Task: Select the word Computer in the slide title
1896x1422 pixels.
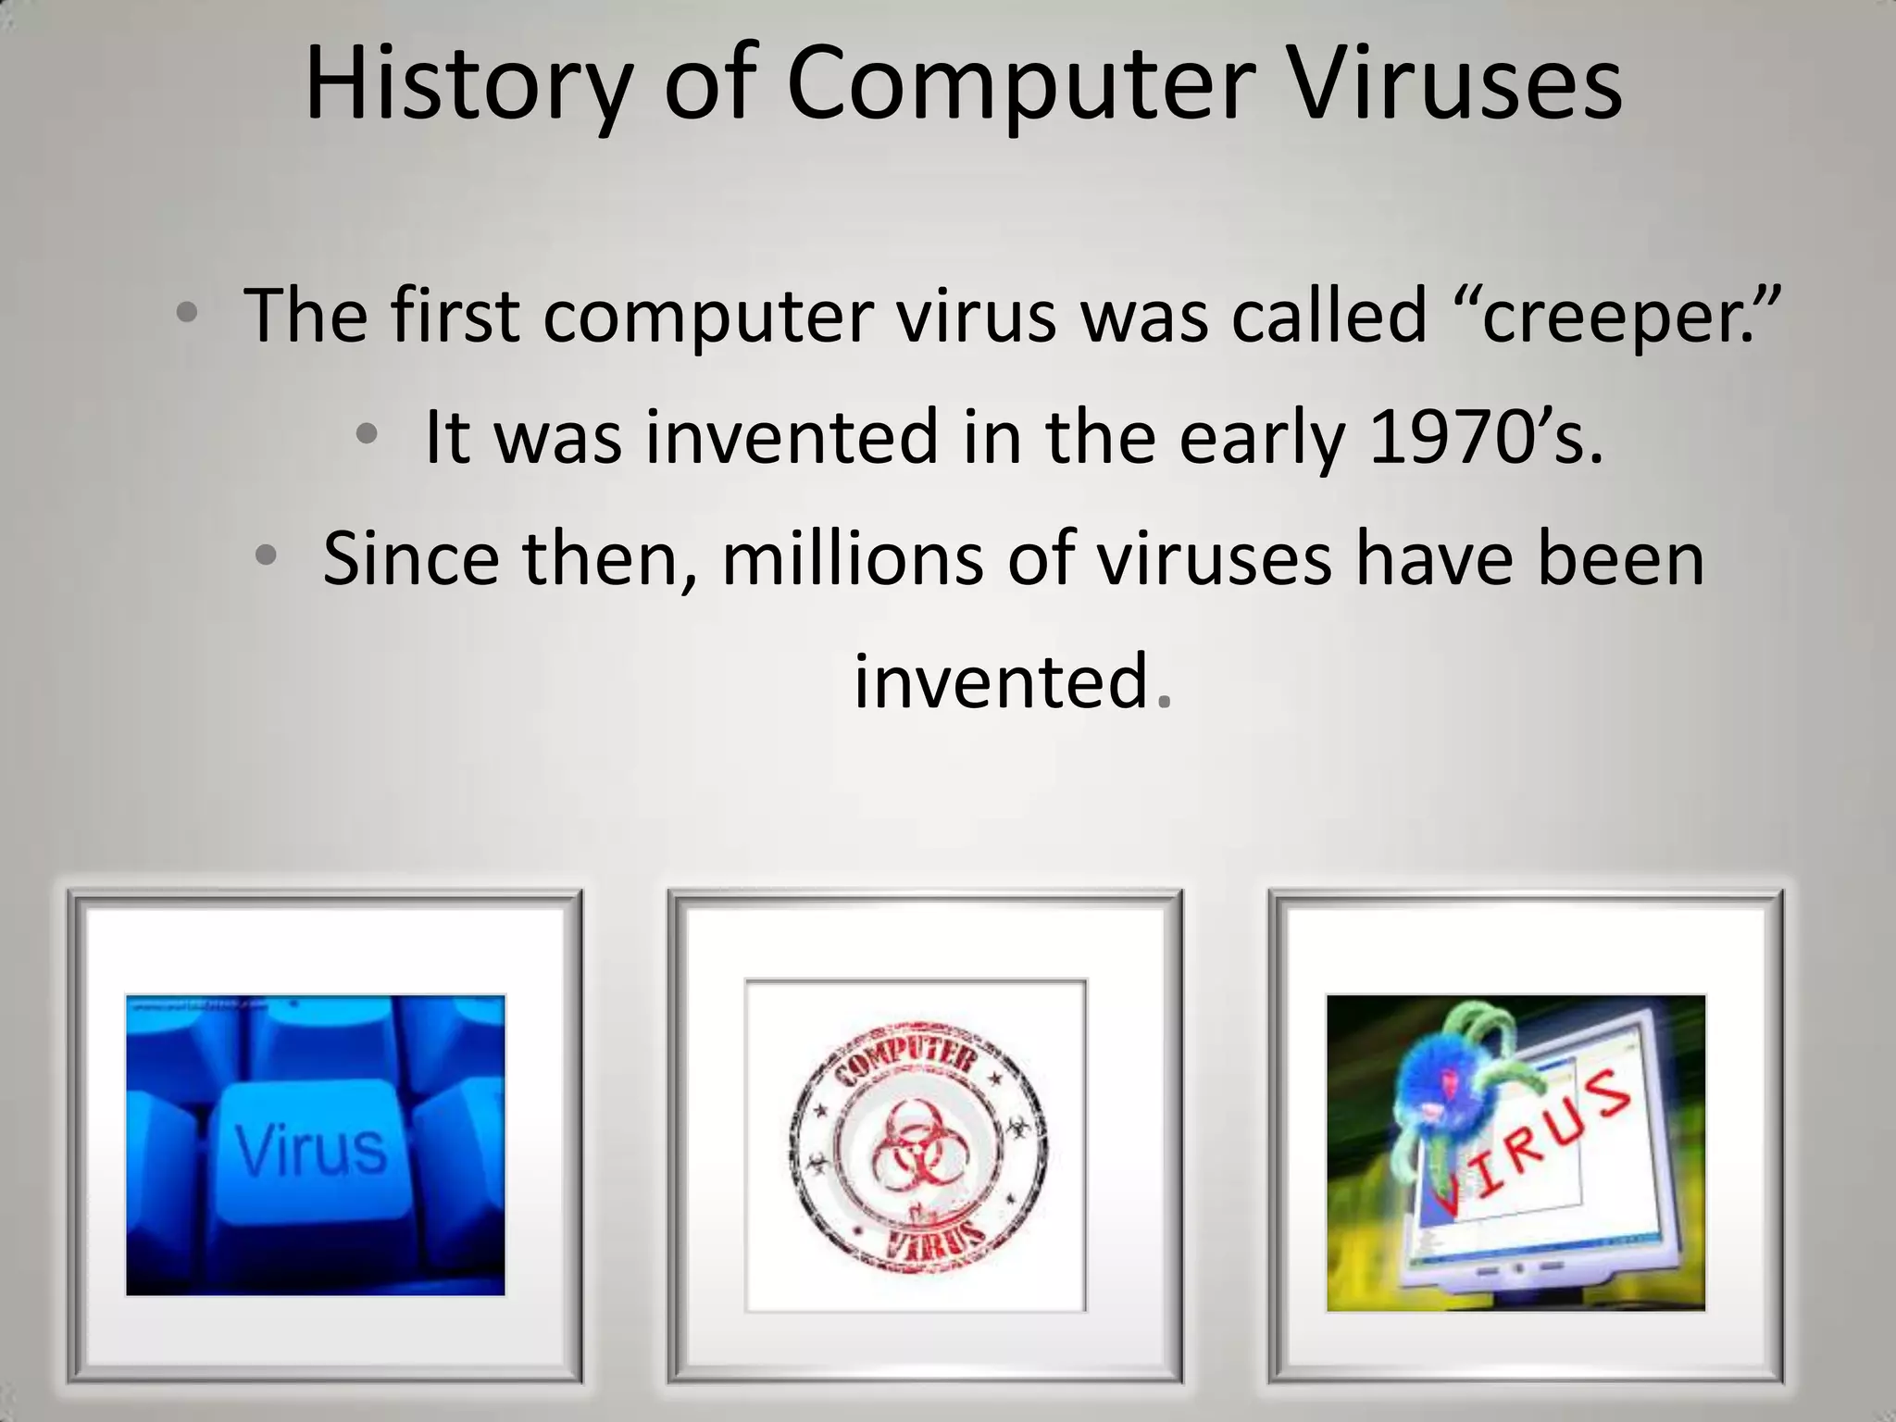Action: [1023, 85]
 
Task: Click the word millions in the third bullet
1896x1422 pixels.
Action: [852, 559]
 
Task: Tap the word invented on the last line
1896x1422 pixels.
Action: [1001, 681]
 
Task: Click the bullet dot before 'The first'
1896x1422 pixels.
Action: [187, 313]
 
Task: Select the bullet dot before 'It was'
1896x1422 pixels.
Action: [368, 433]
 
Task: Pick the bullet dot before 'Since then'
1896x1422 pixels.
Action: [266, 555]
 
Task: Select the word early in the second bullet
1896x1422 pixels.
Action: [1260, 437]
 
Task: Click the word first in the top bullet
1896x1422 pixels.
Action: [453, 315]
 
